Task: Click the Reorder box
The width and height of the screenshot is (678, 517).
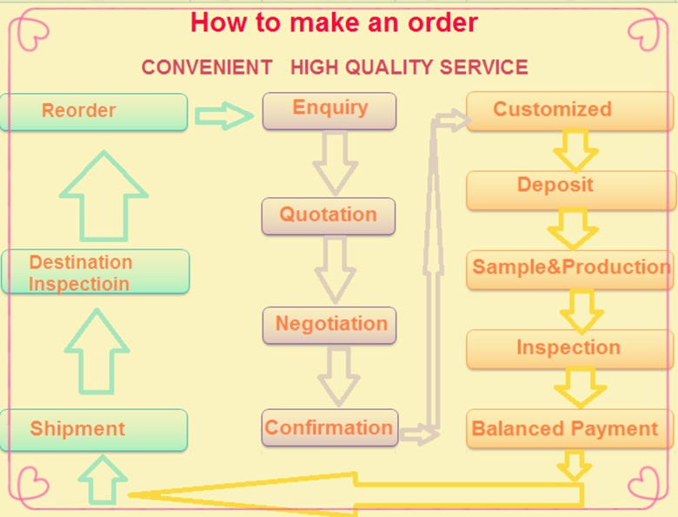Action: click(93, 112)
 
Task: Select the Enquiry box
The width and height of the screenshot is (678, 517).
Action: click(329, 110)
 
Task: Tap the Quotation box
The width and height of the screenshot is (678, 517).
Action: click(329, 216)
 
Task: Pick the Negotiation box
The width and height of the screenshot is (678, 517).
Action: click(329, 326)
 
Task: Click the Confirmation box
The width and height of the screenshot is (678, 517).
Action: click(329, 428)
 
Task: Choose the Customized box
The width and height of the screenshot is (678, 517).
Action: click(570, 110)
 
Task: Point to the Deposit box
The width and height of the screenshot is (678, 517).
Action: click(571, 190)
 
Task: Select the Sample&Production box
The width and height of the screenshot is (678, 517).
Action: click(570, 269)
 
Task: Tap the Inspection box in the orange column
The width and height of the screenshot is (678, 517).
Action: click(570, 349)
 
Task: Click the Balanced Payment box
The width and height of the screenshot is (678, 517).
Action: click(570, 428)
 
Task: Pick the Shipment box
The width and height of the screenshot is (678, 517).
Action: click(93, 430)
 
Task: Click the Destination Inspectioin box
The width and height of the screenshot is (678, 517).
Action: click(95, 271)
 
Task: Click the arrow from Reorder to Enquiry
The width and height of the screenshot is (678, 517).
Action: click(224, 116)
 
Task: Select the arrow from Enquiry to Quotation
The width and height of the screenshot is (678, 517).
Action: click(336, 163)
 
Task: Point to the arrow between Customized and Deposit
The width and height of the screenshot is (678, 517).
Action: click(576, 150)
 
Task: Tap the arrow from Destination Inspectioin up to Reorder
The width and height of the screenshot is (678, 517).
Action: click(103, 196)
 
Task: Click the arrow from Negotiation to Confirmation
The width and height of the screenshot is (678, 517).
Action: click(339, 376)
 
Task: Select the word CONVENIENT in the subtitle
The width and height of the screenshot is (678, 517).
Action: click(207, 68)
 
